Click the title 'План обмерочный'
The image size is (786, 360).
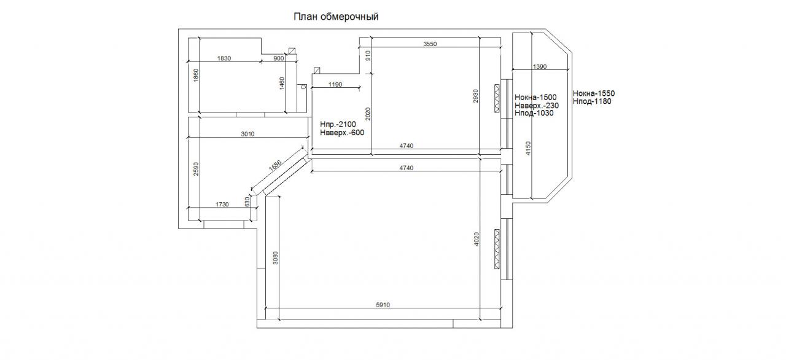pyautogui.click(x=335, y=17)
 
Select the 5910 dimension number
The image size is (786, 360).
pyautogui.click(x=383, y=305)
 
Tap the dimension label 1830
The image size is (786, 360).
pyautogui.click(x=224, y=58)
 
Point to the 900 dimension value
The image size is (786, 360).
pyautogui.click(x=278, y=58)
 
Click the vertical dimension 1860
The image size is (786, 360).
pyautogui.click(x=196, y=76)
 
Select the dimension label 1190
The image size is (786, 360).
pyautogui.click(x=335, y=85)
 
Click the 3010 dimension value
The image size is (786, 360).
pyautogui.click(x=247, y=133)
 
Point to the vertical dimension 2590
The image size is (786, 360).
pyautogui.click(x=196, y=169)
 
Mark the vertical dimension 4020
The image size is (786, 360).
pyautogui.click(x=477, y=240)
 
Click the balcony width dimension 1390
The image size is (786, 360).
pyautogui.click(x=540, y=66)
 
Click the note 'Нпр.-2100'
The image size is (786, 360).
pyautogui.click(x=338, y=124)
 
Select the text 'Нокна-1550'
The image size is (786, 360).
pyautogui.click(x=594, y=93)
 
